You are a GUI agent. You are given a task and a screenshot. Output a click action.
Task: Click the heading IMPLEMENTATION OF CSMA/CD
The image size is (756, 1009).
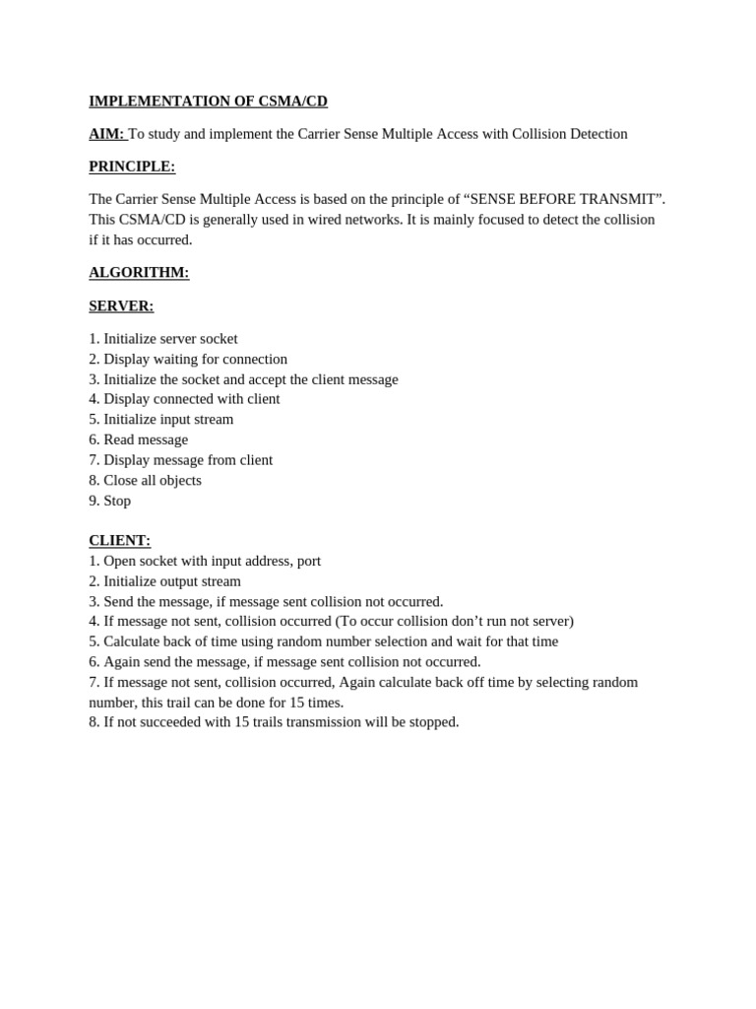click(x=208, y=101)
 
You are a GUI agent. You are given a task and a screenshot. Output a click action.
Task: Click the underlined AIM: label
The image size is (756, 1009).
click(x=106, y=134)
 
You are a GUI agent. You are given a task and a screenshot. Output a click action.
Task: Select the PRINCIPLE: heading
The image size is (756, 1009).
click(x=132, y=167)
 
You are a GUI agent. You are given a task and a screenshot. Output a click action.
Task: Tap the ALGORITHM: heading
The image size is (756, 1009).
click(x=139, y=273)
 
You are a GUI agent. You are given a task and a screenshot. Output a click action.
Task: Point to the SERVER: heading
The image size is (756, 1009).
click(x=121, y=306)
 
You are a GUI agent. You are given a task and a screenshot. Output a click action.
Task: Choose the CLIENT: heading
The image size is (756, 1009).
click(x=119, y=541)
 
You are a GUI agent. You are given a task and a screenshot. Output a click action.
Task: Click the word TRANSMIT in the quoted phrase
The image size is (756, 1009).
click(x=620, y=199)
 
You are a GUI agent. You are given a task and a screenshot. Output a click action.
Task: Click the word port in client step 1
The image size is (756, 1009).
click(x=308, y=562)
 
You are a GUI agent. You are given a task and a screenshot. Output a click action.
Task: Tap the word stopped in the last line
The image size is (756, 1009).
click(x=433, y=722)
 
